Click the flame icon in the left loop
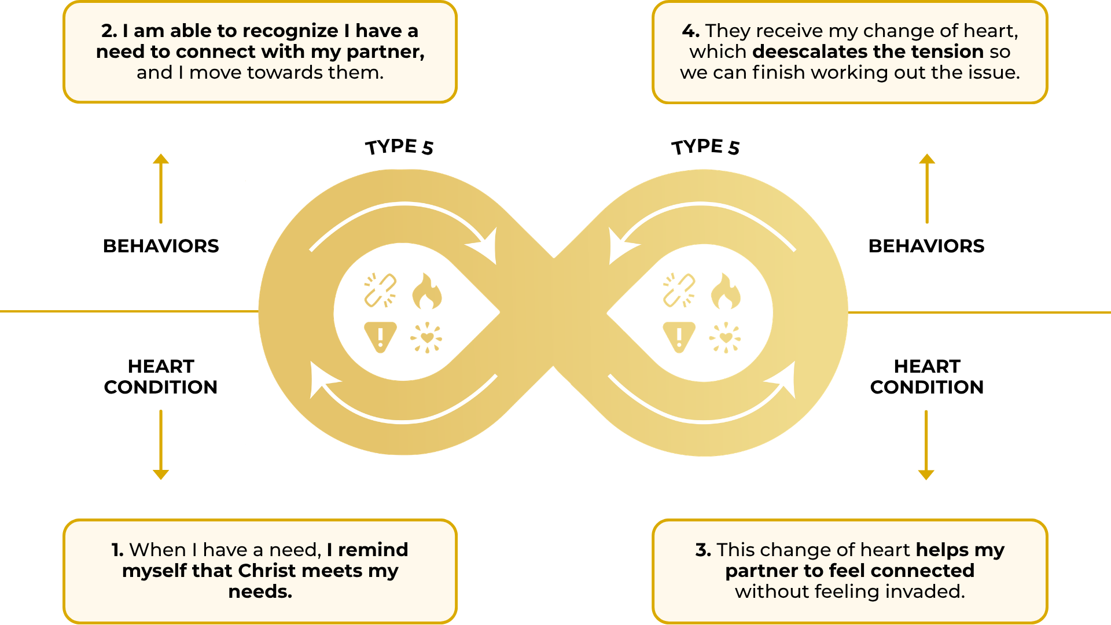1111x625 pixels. coord(427,292)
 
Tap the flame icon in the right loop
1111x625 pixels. coord(726,292)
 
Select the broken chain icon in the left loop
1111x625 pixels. coord(380,289)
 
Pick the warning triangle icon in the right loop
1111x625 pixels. coord(679,336)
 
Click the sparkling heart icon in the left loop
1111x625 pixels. coord(426,337)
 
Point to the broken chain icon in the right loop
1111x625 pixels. coord(679,289)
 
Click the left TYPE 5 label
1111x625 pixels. coord(399,147)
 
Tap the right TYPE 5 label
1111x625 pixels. coord(705,147)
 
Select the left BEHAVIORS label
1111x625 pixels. coord(161,246)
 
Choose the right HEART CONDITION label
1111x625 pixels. coord(927,377)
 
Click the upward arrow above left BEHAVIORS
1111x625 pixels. coord(161,188)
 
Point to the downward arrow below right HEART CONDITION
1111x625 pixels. coord(926,445)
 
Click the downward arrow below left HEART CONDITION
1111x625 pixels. coord(161,445)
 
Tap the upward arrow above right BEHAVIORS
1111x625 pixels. coord(927,188)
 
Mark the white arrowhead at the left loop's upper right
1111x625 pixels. coord(486,245)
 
